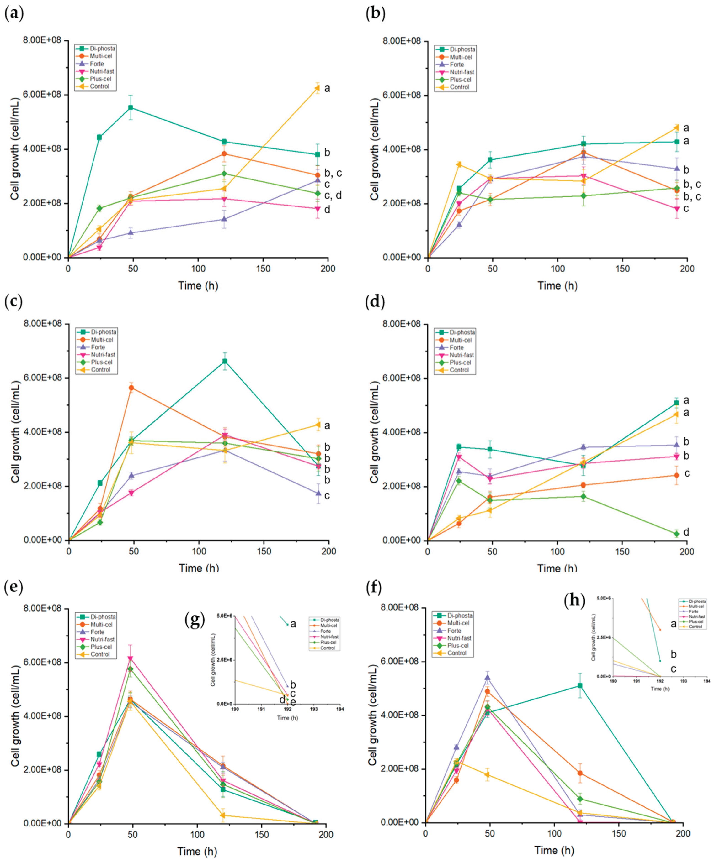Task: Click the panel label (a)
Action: click(13, 13)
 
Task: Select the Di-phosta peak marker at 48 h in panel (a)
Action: click(131, 108)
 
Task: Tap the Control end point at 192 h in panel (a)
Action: click(317, 88)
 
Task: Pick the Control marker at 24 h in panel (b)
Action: click(459, 165)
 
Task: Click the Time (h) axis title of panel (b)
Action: click(557, 286)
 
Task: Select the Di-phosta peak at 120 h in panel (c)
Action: click(225, 361)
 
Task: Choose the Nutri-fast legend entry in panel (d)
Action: click(461, 355)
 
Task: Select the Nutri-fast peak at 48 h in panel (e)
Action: click(130, 659)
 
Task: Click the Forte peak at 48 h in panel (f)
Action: click(488, 678)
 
